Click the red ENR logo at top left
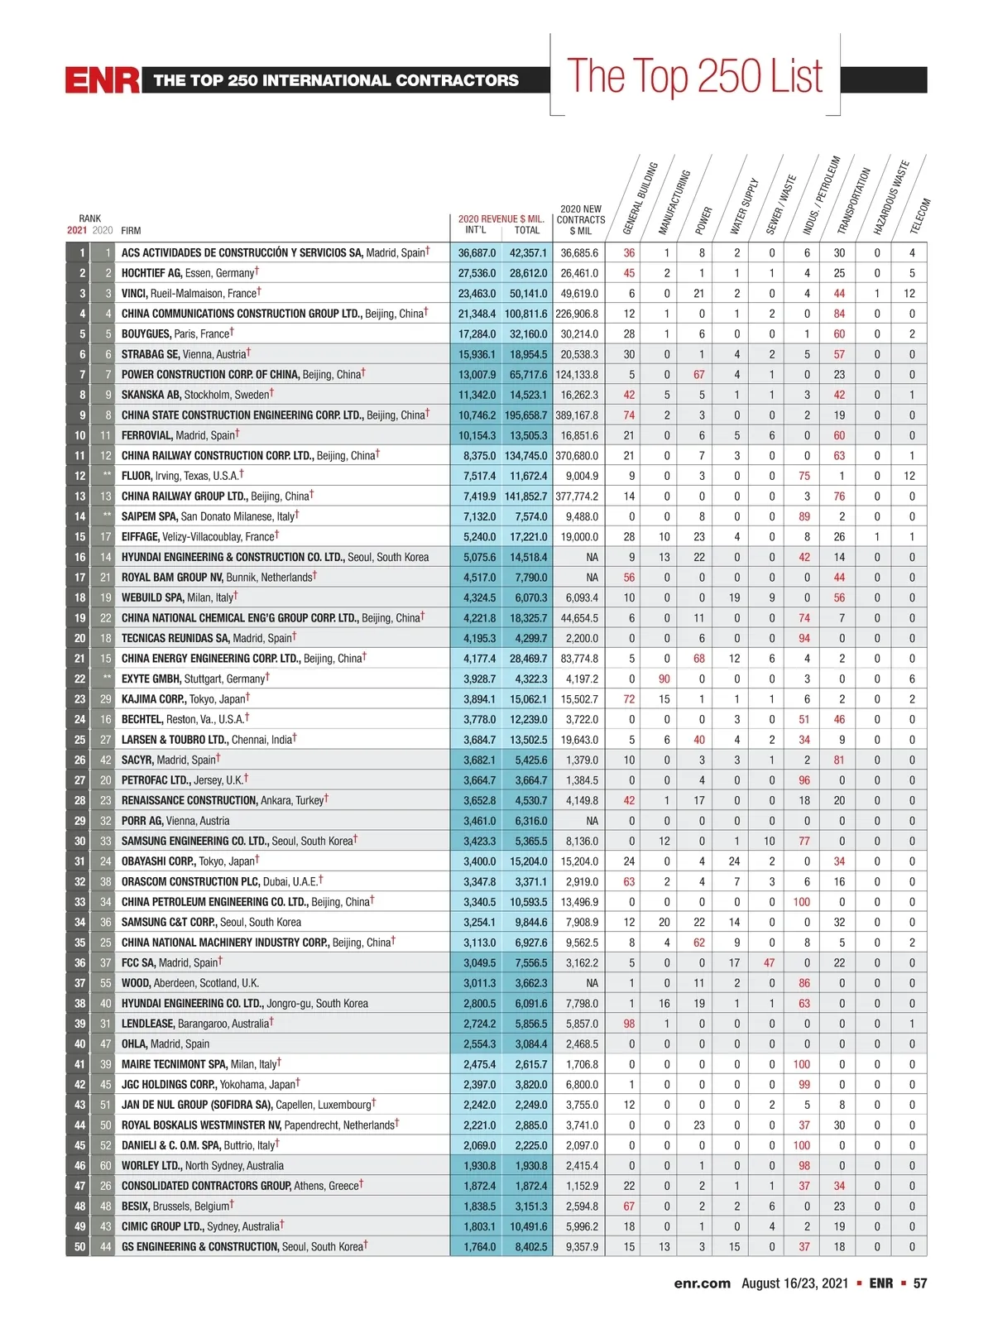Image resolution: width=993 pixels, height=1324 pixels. [x=103, y=80]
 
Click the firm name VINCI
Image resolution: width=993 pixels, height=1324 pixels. [x=135, y=294]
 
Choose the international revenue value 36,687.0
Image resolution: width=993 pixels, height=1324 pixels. [x=477, y=253]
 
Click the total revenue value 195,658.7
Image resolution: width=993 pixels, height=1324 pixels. [x=526, y=415]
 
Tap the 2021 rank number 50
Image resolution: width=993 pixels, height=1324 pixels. [x=79, y=1247]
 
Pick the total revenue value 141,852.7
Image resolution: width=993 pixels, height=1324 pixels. [x=526, y=496]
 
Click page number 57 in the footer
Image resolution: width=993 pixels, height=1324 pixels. [x=919, y=1283]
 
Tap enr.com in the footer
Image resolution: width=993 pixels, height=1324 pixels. [x=702, y=1283]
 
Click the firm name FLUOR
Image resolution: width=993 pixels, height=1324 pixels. [x=137, y=477]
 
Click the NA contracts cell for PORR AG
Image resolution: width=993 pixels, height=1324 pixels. [x=591, y=821]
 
